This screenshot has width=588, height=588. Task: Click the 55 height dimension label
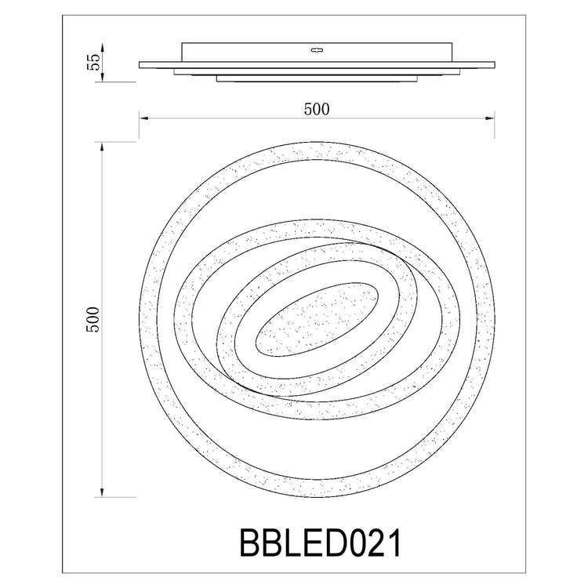(x=93, y=62)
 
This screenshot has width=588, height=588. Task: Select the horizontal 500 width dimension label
(x=317, y=109)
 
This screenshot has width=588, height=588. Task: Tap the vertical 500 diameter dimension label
(x=93, y=320)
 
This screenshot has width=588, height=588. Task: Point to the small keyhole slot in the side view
(x=317, y=49)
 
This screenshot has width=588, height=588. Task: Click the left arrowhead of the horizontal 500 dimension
(x=143, y=118)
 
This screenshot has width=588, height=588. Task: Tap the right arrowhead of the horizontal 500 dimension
(x=490, y=118)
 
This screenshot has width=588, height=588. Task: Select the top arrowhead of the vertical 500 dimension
(x=102, y=147)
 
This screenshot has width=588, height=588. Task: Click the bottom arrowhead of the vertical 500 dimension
(x=102, y=492)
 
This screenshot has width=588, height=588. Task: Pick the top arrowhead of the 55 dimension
(x=102, y=48)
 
